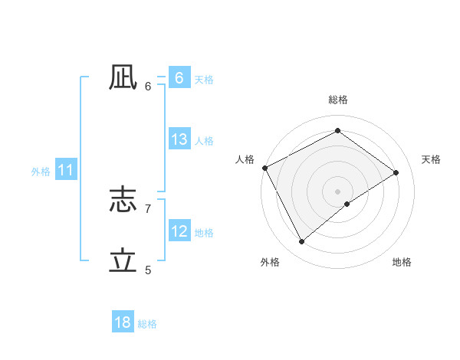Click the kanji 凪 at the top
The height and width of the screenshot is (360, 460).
coord(123,77)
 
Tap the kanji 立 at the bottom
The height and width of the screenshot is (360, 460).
coord(123,260)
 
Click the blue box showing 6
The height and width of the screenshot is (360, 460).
coord(179,77)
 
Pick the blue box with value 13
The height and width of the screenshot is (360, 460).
coord(179,139)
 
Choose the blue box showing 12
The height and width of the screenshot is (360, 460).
coord(179,231)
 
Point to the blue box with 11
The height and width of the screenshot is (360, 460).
coord(65,170)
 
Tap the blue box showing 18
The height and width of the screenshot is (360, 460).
coord(123,322)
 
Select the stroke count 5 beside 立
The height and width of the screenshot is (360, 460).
coord(148,269)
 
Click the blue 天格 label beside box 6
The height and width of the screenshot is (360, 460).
coord(204,79)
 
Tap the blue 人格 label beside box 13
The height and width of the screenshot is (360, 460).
coord(204,141)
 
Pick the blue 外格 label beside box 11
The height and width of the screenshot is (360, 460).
coord(41,172)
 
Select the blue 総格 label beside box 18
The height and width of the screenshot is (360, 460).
coord(147,324)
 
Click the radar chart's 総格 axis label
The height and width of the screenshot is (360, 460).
coord(337,100)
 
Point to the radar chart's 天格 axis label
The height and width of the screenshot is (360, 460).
coord(431,159)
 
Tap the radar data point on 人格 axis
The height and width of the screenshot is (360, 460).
coord(264,168)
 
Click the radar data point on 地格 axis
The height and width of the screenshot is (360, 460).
coord(347,204)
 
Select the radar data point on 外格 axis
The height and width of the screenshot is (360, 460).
coord(301,242)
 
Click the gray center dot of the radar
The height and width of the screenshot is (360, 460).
coord(337,191)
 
